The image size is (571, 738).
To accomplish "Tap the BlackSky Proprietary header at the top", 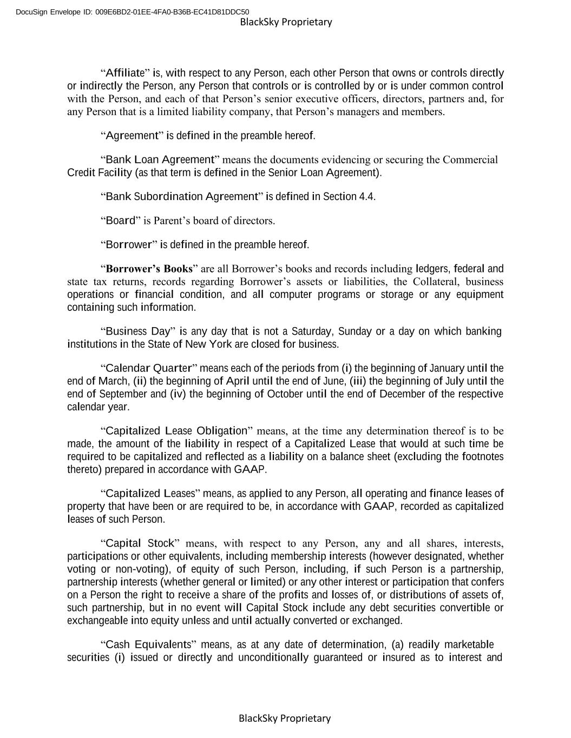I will [286, 22].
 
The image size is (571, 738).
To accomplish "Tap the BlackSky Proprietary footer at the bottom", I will [285, 719].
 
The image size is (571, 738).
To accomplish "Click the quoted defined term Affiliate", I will [125, 73].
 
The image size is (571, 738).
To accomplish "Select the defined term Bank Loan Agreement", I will [160, 159].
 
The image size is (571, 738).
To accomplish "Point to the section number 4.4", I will [366, 197].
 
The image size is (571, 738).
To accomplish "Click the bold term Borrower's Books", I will [149, 269].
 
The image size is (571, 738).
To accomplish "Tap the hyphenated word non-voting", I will [128, 569].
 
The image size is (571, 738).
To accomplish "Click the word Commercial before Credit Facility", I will [470, 159].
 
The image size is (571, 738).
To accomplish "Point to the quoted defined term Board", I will [120, 221].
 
